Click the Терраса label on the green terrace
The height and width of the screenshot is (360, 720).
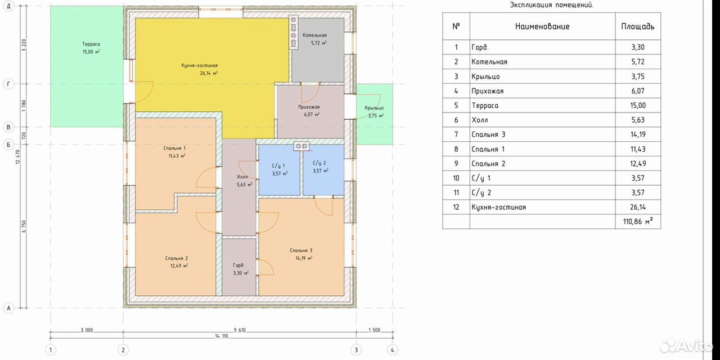[91, 44]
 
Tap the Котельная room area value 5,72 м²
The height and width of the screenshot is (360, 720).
[318, 43]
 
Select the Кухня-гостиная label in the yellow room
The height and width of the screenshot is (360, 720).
[199, 66]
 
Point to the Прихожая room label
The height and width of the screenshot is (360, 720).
[309, 107]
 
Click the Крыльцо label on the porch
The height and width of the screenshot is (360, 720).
[374, 108]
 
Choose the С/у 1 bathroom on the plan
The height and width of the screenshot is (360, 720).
[280, 170]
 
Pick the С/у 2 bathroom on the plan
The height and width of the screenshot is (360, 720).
[323, 170]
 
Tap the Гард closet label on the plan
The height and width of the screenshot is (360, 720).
[238, 265]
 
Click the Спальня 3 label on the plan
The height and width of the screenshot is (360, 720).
[301, 250]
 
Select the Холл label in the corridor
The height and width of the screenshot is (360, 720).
[242, 177]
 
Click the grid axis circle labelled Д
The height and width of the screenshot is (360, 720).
[8, 6]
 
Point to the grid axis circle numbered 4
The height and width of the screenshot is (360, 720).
[392, 350]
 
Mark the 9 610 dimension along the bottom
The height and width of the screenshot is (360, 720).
[240, 330]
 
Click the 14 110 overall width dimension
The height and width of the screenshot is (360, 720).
[222, 336]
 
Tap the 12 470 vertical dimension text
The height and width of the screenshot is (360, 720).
[18, 157]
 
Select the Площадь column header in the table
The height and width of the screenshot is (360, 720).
[638, 26]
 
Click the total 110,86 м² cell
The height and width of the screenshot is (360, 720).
[638, 221]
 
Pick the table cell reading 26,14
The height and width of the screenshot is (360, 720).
[638, 207]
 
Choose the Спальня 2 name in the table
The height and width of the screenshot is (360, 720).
[488, 164]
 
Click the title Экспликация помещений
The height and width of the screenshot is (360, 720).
[552, 5]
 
